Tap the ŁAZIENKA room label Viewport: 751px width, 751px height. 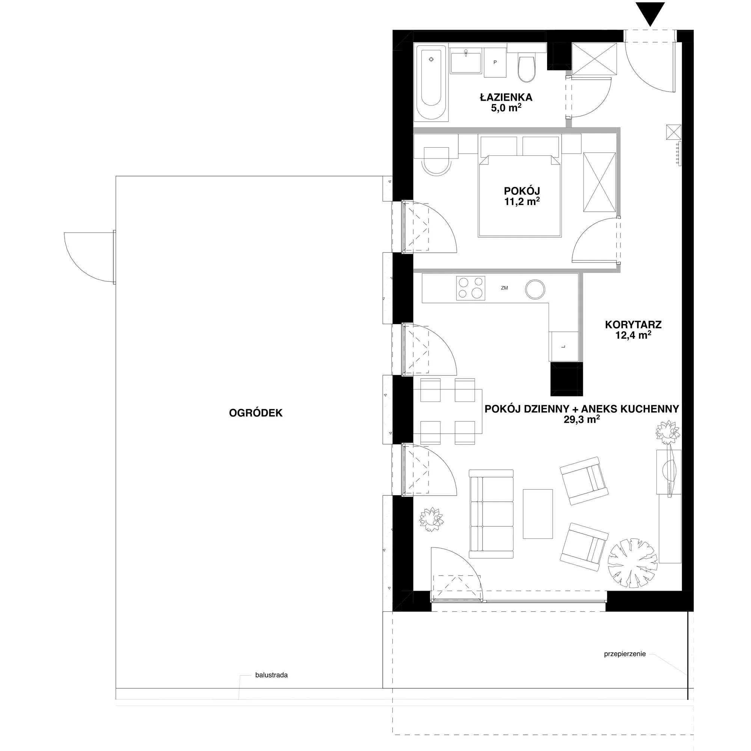[505, 97]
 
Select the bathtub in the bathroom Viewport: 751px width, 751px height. [431, 83]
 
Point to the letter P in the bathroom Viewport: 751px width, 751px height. [495, 62]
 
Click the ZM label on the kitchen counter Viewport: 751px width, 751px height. [505, 288]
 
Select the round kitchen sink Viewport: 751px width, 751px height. [535, 289]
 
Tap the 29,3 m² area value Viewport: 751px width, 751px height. [582, 419]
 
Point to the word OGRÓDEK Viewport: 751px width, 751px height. [256, 413]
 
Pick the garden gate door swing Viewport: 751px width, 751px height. [89, 256]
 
